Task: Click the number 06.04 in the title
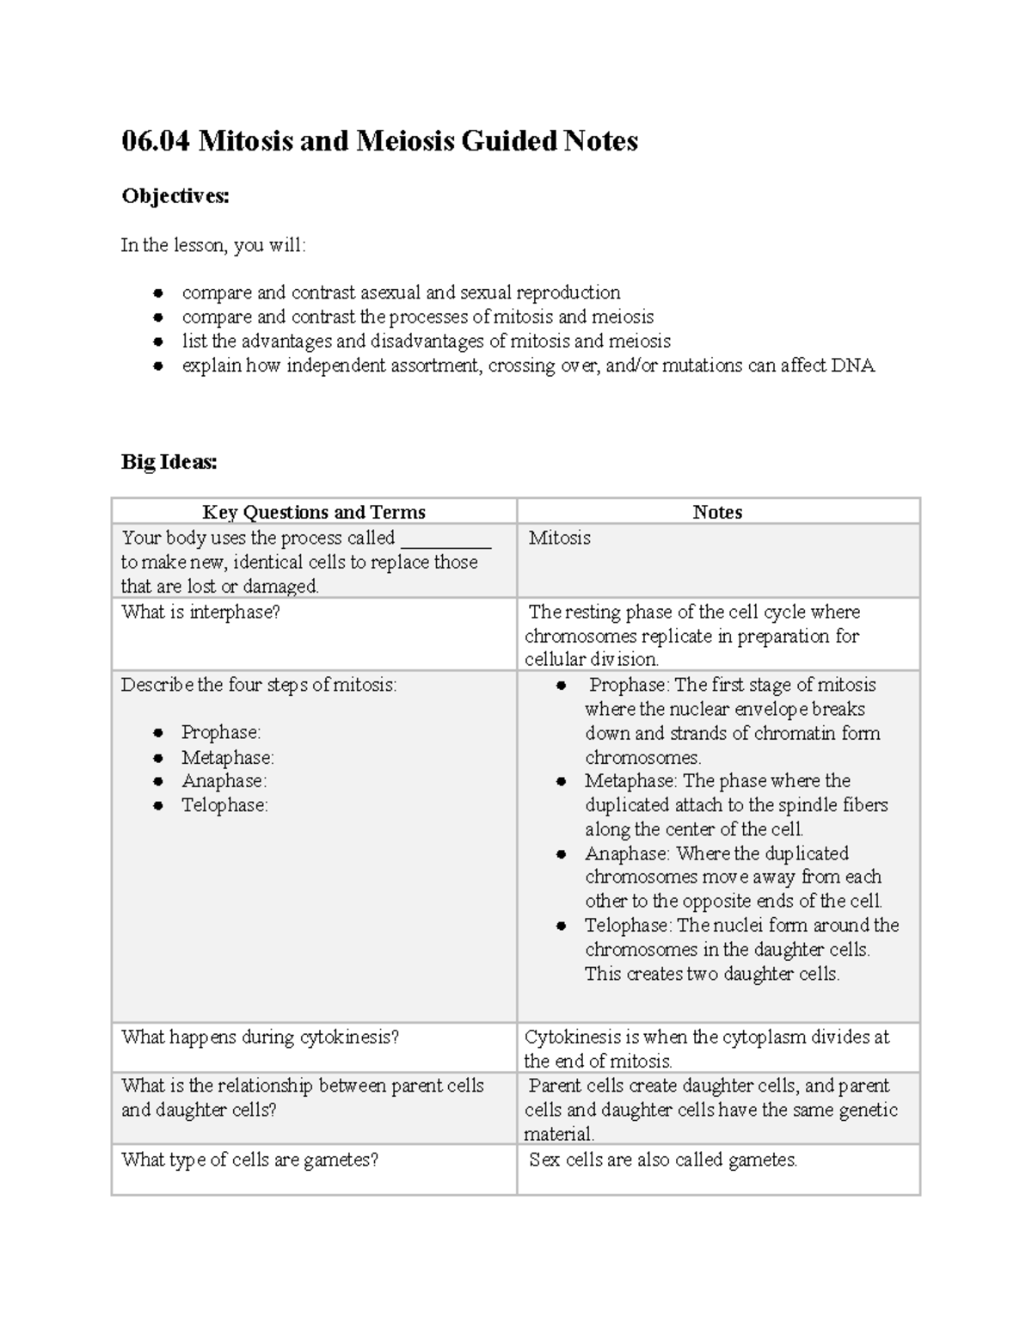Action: [x=155, y=141]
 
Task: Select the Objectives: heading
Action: [x=175, y=196]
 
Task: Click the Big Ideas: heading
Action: [x=169, y=462]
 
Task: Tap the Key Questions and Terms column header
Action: [x=314, y=512]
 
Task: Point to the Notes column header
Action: [x=717, y=512]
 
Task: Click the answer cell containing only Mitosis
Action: [x=559, y=539]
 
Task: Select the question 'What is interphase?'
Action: [x=200, y=613]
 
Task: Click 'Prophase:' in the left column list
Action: [x=220, y=733]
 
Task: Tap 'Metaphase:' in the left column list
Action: [x=227, y=758]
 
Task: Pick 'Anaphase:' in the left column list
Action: [x=224, y=781]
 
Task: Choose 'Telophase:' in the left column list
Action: [x=224, y=805]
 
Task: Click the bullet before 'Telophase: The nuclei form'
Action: [x=562, y=927]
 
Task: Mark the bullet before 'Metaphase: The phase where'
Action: [x=562, y=782]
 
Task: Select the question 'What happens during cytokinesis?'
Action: [x=260, y=1037]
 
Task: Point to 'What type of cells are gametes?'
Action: [x=249, y=1161]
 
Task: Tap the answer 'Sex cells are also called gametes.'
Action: [x=662, y=1161]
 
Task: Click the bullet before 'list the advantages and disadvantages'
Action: [x=158, y=342]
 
